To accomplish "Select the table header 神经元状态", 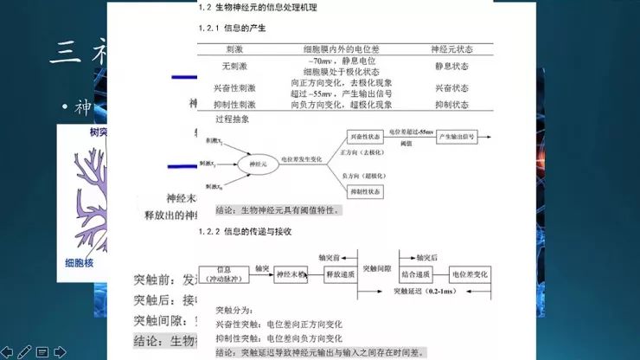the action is (x=451, y=50).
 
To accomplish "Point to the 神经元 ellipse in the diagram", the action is (x=254, y=162).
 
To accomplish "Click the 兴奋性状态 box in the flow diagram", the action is (x=365, y=137).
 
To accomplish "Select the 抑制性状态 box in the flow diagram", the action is (x=365, y=190).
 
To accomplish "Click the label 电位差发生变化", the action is (x=302, y=159).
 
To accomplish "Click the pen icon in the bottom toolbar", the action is (x=24, y=351).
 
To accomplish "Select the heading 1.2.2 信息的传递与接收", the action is (x=246, y=232).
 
